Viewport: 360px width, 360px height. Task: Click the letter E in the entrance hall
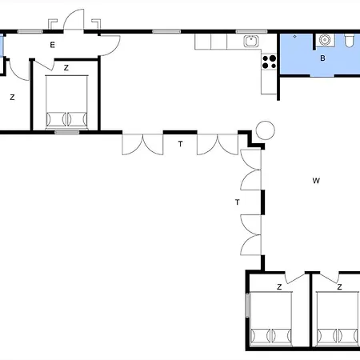(53, 45)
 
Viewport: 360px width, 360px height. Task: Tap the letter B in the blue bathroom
(322, 58)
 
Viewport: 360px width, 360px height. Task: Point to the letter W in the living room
(316, 181)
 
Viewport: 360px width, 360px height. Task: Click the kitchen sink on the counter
(251, 41)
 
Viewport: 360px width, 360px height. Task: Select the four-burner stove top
(269, 62)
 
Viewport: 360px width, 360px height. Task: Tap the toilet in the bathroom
(349, 41)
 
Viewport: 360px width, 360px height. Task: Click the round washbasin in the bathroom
(325, 40)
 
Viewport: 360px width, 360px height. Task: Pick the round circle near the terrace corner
(266, 130)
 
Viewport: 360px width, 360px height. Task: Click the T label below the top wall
(181, 144)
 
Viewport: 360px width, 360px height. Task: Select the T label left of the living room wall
(238, 202)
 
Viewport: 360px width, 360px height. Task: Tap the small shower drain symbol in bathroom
(294, 36)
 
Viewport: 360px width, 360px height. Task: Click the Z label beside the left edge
(12, 98)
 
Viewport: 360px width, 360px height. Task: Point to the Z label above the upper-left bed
(66, 68)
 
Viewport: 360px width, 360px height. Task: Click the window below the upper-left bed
(67, 132)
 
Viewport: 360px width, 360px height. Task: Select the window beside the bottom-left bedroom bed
(247, 306)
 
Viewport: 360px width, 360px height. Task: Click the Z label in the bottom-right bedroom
(339, 287)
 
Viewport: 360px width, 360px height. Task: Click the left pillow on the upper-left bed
(56, 119)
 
